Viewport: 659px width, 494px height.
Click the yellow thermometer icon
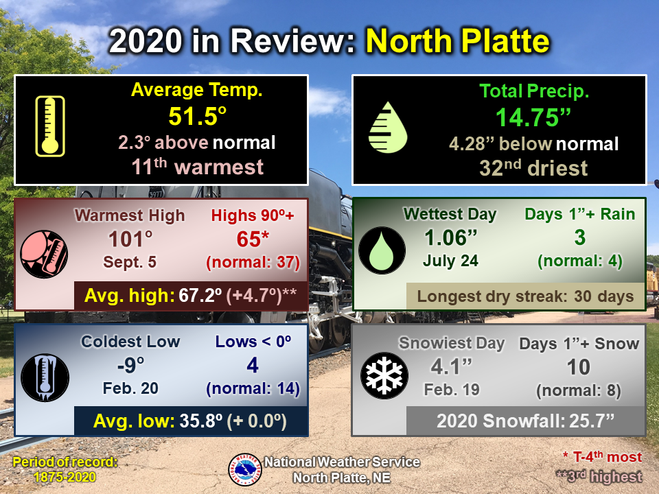pyautogui.click(x=50, y=126)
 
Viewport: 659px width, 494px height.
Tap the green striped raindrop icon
pyautogui.click(x=387, y=128)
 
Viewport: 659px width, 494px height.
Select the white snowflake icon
pyautogui.click(x=384, y=375)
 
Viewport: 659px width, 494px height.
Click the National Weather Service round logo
pyautogui.click(x=245, y=469)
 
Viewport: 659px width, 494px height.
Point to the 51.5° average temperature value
pyautogui.click(x=198, y=116)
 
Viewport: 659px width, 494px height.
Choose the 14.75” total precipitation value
pyautogui.click(x=533, y=117)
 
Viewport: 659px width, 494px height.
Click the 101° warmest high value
pyautogui.click(x=130, y=239)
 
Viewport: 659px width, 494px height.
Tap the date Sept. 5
pyautogui.click(x=130, y=262)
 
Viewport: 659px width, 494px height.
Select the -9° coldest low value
pyautogui.click(x=130, y=365)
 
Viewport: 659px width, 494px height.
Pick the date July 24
pyautogui.click(x=450, y=261)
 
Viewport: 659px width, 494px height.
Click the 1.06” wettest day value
pyautogui.click(x=450, y=237)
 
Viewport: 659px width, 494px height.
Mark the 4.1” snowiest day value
pyautogui.click(x=452, y=366)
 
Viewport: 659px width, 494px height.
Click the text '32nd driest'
pyautogui.click(x=533, y=168)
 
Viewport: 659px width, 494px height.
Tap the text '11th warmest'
pyautogui.click(x=198, y=167)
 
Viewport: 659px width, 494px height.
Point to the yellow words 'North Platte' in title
pyautogui.click(x=458, y=41)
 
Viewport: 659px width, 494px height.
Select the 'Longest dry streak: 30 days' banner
pyautogui.click(x=525, y=296)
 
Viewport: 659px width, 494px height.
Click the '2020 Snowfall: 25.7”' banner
pyautogui.click(x=525, y=421)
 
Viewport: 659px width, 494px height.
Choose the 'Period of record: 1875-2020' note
pyautogui.click(x=65, y=469)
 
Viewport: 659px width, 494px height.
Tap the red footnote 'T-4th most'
pyautogui.click(x=603, y=457)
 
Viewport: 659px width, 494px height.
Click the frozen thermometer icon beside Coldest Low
pyautogui.click(x=45, y=377)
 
